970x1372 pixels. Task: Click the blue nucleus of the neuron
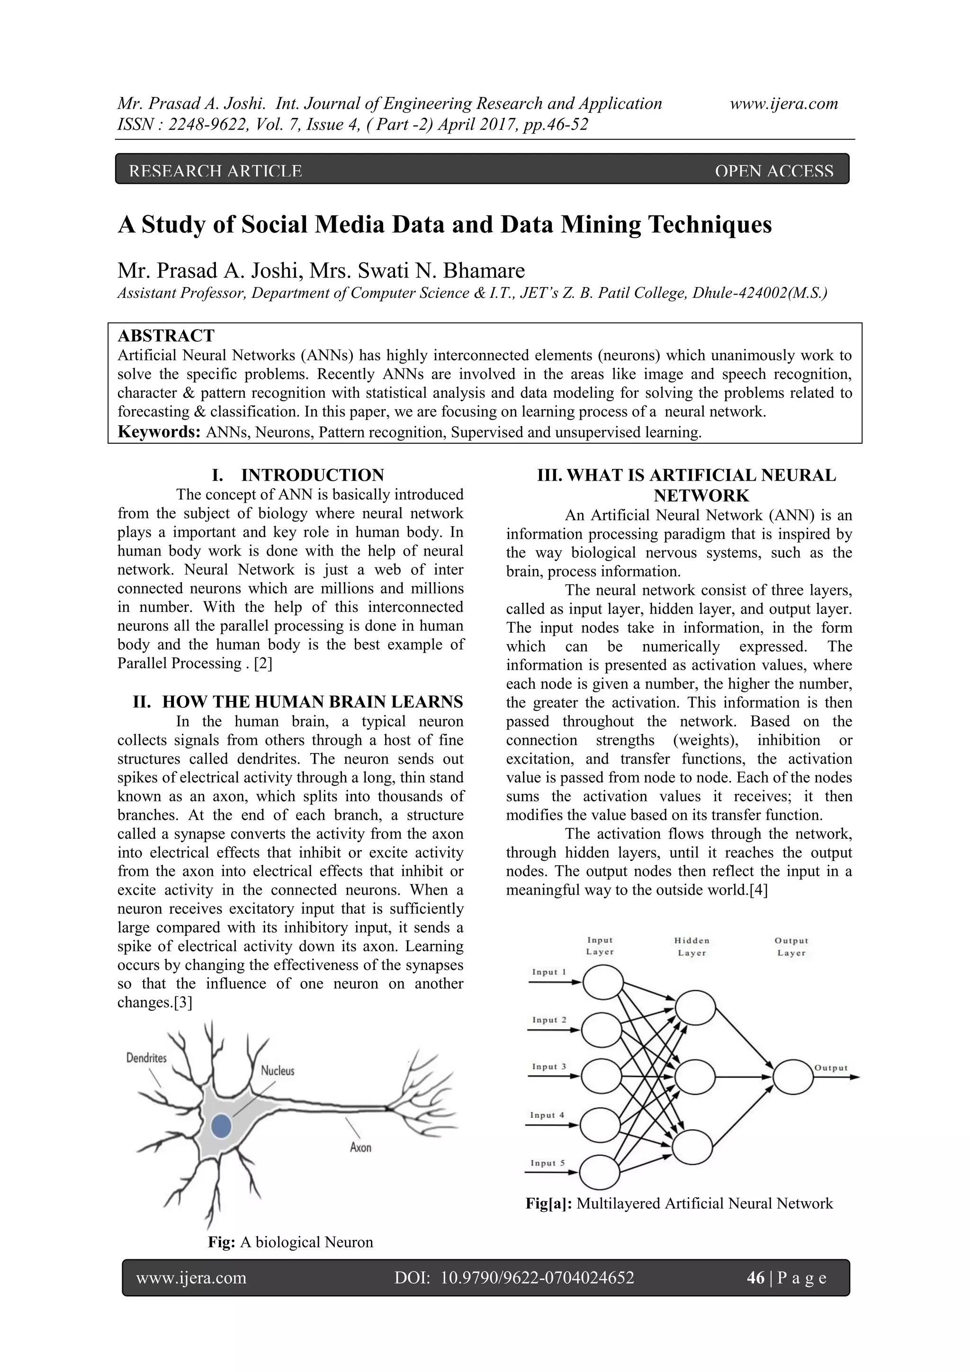[x=221, y=1126]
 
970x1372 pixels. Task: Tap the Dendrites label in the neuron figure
[x=146, y=1058]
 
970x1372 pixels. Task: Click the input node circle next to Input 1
[x=603, y=982]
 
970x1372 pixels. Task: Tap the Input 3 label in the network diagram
[x=548, y=1067]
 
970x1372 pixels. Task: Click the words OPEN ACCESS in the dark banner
[x=773, y=171]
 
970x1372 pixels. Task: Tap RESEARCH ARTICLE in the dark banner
[x=216, y=171]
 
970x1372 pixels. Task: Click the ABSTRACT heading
[x=166, y=336]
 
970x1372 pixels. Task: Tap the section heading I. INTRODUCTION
[x=297, y=475]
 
